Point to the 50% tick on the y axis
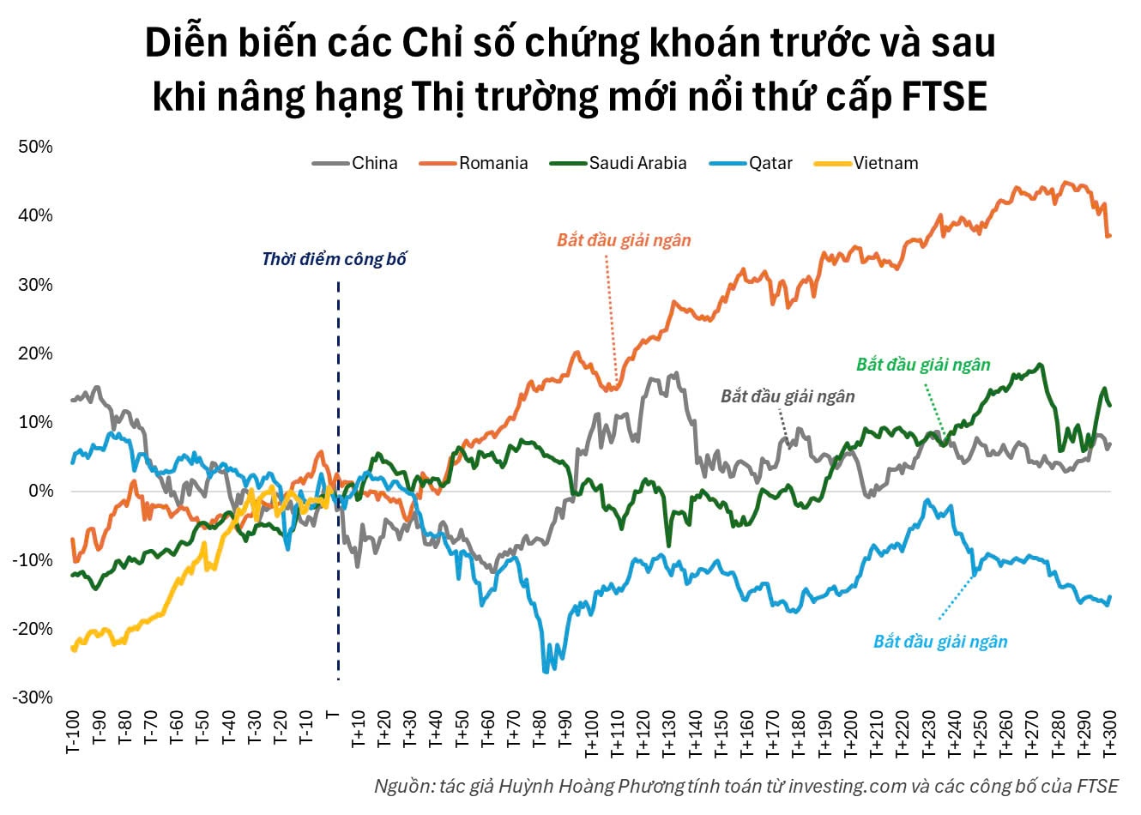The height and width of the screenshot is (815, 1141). coord(35,147)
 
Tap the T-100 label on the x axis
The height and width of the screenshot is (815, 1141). coord(74,733)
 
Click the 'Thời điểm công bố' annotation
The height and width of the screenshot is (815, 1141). coord(334,258)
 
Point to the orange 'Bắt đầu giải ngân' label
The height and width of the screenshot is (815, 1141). coord(624,240)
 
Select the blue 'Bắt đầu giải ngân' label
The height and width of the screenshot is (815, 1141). coord(940,642)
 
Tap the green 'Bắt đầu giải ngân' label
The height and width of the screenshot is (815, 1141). coord(923,365)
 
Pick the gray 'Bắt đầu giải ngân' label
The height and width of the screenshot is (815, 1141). coord(788,396)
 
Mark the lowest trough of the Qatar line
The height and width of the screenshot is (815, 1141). coord(546,671)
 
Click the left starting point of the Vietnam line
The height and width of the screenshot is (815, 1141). coord(72,649)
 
